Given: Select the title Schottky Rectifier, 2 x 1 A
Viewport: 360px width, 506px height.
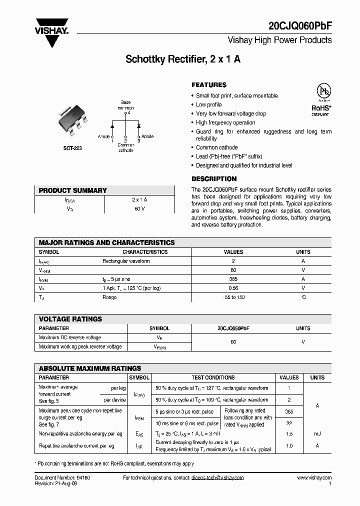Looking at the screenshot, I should [x=182, y=59].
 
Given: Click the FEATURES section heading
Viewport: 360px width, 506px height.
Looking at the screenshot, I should [x=209, y=85].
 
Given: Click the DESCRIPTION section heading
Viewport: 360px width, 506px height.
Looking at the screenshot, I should [x=214, y=178].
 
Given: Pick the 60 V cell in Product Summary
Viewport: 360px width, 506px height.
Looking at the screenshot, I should [x=139, y=208].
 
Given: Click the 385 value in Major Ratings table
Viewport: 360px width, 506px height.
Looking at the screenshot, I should [x=233, y=279].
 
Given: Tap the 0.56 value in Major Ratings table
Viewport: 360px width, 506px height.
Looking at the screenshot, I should [x=233, y=288].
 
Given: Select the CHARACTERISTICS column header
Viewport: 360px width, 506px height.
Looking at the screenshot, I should [x=145, y=252].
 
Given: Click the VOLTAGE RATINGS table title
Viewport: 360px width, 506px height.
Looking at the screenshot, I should [x=70, y=319].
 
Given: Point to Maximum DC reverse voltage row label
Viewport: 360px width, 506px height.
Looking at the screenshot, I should [x=69, y=337].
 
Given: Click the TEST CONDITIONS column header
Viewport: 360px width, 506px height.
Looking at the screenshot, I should [x=213, y=377].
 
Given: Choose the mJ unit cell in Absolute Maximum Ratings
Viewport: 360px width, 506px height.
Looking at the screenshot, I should [x=317, y=434].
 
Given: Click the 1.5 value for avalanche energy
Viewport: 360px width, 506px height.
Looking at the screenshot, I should [x=289, y=434].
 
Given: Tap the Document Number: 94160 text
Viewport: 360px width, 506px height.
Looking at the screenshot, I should [x=62, y=478].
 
